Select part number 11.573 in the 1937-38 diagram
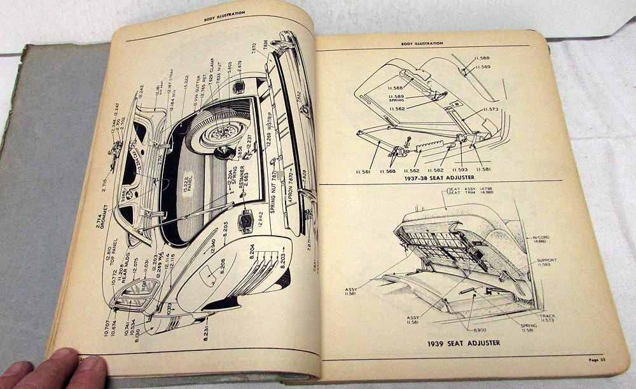point(490,109)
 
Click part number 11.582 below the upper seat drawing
point(436,170)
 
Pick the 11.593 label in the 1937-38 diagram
point(460,170)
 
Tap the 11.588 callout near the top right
point(481,58)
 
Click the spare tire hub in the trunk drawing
point(224,133)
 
